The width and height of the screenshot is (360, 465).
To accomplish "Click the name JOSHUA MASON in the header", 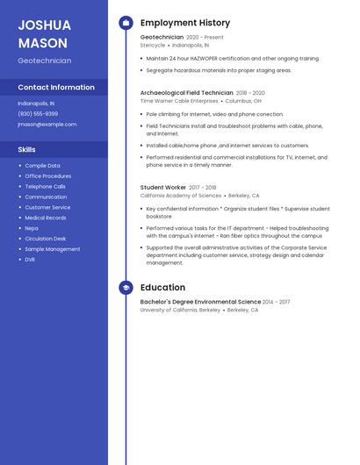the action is tap(44, 34).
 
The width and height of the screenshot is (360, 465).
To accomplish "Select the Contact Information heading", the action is tap(56, 88).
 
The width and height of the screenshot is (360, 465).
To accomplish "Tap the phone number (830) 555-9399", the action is tap(38, 114).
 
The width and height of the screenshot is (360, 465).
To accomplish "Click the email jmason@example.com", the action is tap(47, 125).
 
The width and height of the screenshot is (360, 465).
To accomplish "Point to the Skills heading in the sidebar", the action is tap(26, 150).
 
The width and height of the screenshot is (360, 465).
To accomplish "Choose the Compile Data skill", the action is tap(42, 166).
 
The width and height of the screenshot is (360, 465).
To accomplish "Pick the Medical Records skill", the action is tap(45, 218).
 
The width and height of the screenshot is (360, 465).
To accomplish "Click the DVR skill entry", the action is tap(30, 260).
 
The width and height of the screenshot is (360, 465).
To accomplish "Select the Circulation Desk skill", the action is tap(45, 239).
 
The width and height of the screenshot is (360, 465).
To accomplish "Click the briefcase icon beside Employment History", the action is tap(126, 23).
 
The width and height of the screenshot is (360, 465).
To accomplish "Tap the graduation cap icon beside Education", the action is tap(126, 288).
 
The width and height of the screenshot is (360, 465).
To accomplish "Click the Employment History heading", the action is tap(185, 23).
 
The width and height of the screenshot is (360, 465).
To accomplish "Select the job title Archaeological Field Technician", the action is tap(186, 92).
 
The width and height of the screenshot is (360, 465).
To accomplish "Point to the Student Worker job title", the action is tap(163, 187).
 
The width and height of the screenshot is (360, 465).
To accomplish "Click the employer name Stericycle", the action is tap(153, 45).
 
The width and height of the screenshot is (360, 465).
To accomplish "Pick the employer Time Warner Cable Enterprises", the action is tap(179, 101).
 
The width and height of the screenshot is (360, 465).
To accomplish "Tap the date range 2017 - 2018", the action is tap(203, 188).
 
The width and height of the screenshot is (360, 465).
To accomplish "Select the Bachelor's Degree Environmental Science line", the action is tap(200, 302).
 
